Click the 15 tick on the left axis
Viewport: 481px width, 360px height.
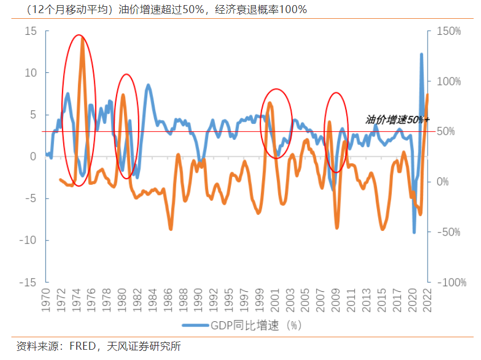(x=30, y=31)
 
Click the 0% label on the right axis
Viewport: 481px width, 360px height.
(x=442, y=182)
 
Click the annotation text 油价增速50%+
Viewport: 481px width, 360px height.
(x=397, y=120)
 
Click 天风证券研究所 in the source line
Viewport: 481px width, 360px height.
(x=150, y=346)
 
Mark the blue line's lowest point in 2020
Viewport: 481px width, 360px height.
(x=414, y=232)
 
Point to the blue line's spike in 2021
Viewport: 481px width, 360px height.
(x=421, y=54)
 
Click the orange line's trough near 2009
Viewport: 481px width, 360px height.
(x=337, y=227)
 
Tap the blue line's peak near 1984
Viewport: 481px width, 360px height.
(x=148, y=85)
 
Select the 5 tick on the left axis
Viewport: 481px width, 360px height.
(x=32, y=115)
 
